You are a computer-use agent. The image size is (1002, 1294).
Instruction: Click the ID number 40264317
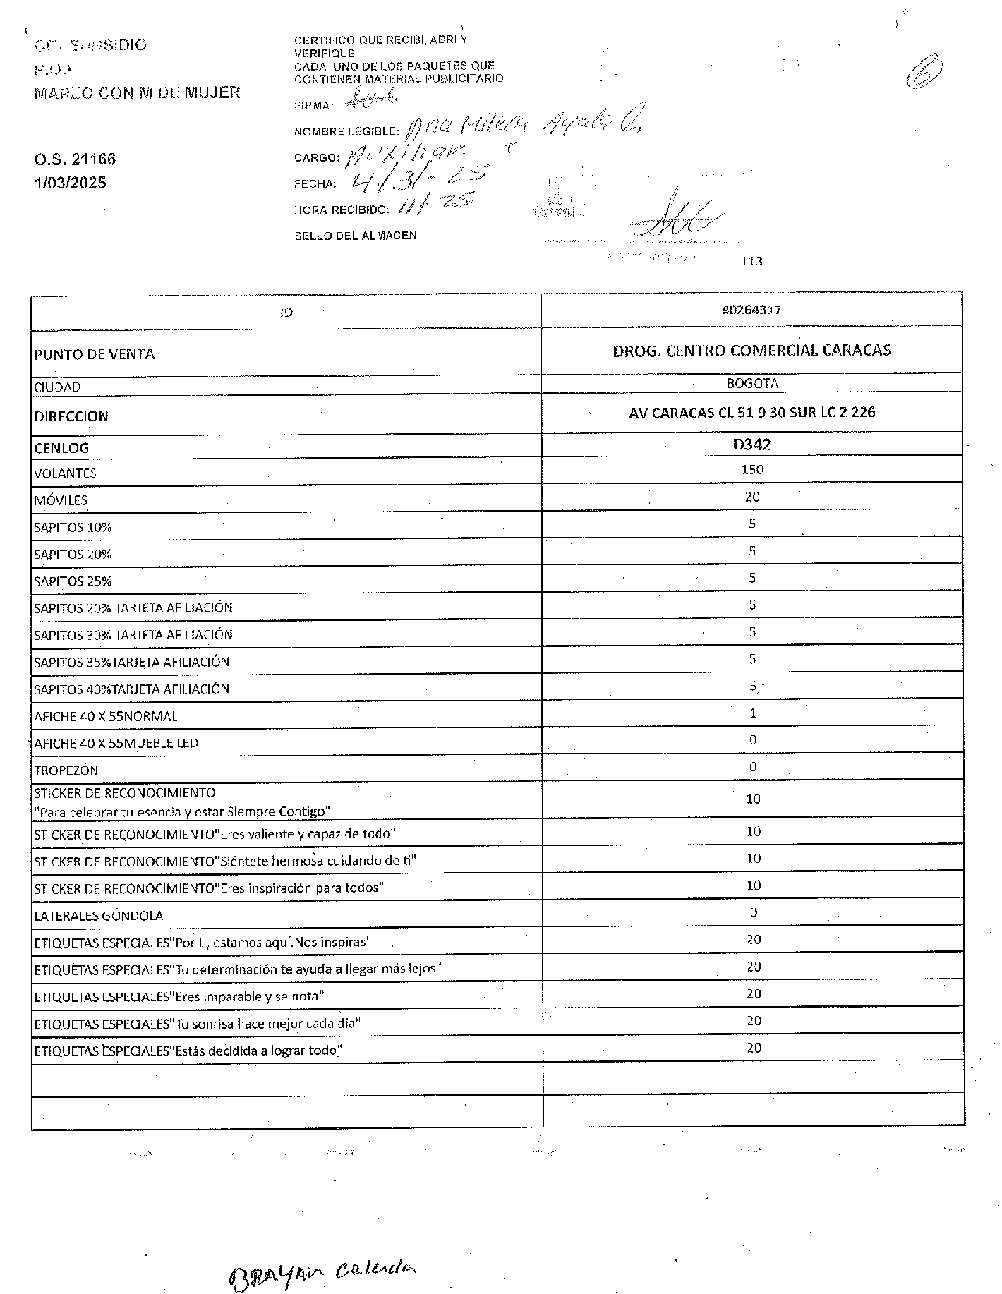pos(751,310)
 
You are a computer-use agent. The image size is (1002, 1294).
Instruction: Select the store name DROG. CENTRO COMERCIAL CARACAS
pos(751,351)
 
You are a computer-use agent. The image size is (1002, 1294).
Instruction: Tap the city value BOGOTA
pos(752,384)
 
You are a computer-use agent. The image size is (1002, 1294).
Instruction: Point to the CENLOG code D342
pos(751,445)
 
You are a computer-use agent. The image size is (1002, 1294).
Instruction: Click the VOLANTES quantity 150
pos(752,470)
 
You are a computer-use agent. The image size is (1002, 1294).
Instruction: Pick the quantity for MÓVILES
pos(752,497)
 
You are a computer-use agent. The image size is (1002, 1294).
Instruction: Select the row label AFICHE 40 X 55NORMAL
pos(106,716)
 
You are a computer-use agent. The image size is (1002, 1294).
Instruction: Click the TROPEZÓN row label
pos(66,770)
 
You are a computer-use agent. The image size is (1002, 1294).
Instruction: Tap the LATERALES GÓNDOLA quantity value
pos(753,913)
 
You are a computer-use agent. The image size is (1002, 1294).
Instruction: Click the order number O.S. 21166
pos(75,159)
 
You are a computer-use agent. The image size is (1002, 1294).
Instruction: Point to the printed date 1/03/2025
pos(71,183)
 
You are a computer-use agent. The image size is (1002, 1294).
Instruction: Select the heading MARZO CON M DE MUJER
pos(137,92)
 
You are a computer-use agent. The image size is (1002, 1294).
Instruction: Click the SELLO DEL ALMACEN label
pos(355,236)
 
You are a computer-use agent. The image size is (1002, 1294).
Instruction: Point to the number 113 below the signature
pos(751,261)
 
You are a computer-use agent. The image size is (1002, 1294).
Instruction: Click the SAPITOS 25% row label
pos(73,582)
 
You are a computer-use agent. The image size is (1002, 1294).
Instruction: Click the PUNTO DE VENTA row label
pos(95,354)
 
